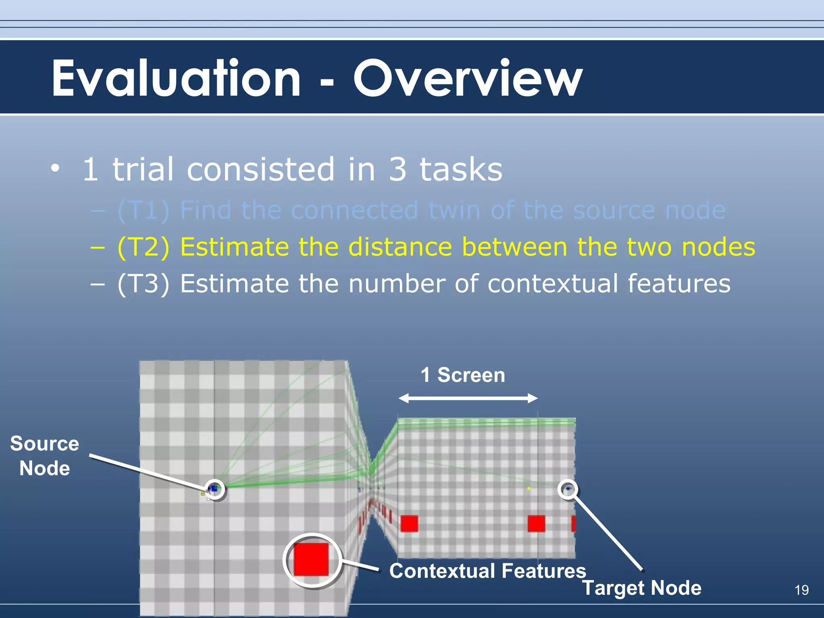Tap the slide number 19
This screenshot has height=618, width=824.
click(801, 590)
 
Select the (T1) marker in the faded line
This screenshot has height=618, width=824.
click(143, 210)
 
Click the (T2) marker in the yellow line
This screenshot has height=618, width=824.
click(143, 247)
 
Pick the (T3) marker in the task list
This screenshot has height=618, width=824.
click(143, 284)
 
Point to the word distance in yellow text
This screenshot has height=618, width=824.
click(400, 247)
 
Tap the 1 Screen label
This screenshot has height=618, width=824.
click(463, 375)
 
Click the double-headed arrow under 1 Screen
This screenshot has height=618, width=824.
click(468, 398)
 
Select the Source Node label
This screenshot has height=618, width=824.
click(45, 456)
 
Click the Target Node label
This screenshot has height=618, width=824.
click(642, 588)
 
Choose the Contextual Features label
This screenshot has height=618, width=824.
click(488, 571)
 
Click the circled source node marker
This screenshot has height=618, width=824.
click(215, 489)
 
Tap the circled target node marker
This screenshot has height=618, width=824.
click(568, 489)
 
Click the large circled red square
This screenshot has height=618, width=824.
click(311, 559)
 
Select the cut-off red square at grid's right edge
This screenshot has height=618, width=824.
click(573, 524)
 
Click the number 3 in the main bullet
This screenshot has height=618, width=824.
click(398, 169)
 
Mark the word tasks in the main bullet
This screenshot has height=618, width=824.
click(461, 169)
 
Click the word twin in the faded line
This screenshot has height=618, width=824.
click(454, 210)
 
